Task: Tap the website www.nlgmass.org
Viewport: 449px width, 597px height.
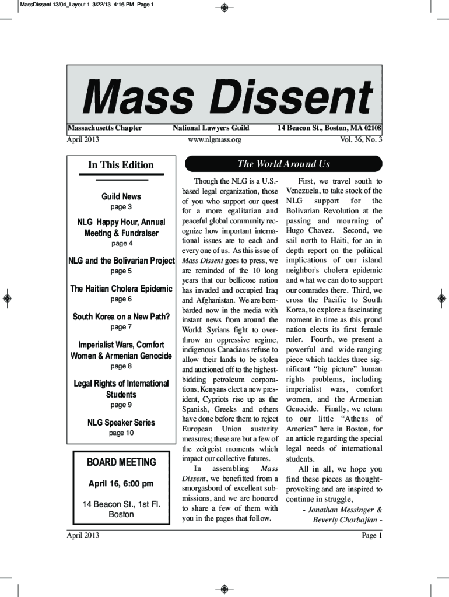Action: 214,140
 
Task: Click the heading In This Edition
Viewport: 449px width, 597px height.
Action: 121,165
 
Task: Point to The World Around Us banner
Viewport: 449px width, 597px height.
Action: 283,164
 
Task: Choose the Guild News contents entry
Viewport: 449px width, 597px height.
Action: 121,196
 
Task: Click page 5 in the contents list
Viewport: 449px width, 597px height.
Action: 121,271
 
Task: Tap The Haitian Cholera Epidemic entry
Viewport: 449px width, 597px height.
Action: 121,289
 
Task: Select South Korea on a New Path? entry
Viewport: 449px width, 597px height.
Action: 121,317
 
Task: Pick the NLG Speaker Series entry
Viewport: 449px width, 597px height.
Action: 121,422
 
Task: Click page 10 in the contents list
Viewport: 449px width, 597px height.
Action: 121,433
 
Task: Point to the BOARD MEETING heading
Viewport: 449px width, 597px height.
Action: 121,462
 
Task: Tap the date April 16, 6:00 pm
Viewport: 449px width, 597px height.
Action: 121,483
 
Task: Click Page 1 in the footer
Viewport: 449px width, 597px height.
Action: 371,535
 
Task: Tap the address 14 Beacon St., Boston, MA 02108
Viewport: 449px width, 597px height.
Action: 329,128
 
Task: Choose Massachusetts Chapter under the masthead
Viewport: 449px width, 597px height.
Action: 104,128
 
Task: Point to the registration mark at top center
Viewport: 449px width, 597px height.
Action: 224,8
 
